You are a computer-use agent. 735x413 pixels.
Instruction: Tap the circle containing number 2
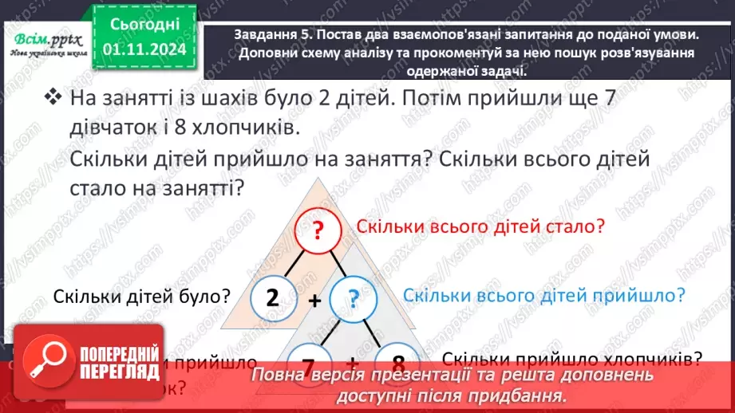tap(272, 297)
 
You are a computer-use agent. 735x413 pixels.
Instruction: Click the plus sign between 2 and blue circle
tap(315, 301)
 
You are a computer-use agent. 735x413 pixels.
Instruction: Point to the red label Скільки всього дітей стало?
tap(480, 227)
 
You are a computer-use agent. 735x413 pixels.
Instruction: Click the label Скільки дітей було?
tap(142, 296)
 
